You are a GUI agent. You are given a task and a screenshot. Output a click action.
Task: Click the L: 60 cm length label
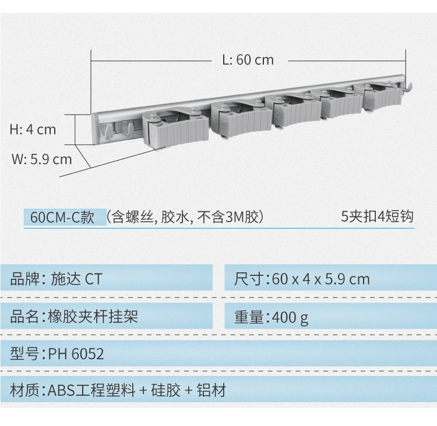click(x=248, y=60)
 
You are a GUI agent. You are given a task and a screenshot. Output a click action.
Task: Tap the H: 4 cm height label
click(x=33, y=129)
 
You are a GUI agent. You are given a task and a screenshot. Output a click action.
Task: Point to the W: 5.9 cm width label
click(x=42, y=159)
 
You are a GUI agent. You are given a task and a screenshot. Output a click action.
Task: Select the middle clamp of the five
click(x=292, y=111)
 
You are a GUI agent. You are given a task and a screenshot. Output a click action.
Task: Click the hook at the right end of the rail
click(x=407, y=86)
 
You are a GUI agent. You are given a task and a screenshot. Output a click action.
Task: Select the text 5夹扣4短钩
click(x=378, y=216)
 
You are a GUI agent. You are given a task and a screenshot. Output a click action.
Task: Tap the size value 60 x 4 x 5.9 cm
click(x=321, y=279)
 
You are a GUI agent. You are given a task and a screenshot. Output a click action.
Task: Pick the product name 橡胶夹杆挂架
click(x=93, y=316)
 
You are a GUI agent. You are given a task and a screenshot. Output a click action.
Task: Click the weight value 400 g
click(x=290, y=317)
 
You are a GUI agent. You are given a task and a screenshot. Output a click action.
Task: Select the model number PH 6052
click(x=76, y=354)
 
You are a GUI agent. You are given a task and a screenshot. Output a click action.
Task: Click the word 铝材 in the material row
click(x=212, y=390)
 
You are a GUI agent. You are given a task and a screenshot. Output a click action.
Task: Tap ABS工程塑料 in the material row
click(x=91, y=390)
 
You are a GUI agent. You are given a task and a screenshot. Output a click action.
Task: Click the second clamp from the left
click(x=241, y=119)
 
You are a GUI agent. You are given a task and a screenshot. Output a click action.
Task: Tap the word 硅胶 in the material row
click(x=166, y=390)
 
